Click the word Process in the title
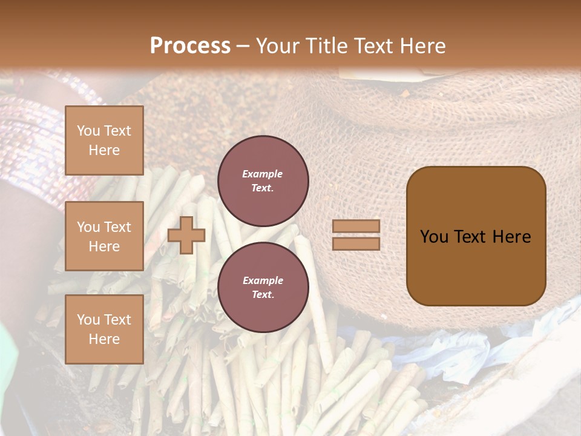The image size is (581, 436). click(x=190, y=45)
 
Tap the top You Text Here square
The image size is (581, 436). click(x=104, y=140)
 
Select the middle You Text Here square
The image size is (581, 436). click(x=104, y=236)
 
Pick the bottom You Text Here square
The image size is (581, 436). click(x=104, y=329)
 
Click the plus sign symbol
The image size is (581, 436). click(x=186, y=235)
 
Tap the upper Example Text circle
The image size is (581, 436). click(x=263, y=180)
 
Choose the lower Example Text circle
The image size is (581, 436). click(x=263, y=287)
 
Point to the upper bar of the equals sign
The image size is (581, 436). click(x=356, y=226)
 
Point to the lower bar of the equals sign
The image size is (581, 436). click(x=356, y=243)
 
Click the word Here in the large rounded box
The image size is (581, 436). click(x=511, y=237)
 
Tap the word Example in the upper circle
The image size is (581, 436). click(x=263, y=174)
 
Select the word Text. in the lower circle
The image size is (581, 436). click(x=263, y=294)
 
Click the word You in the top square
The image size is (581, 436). click(x=88, y=131)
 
